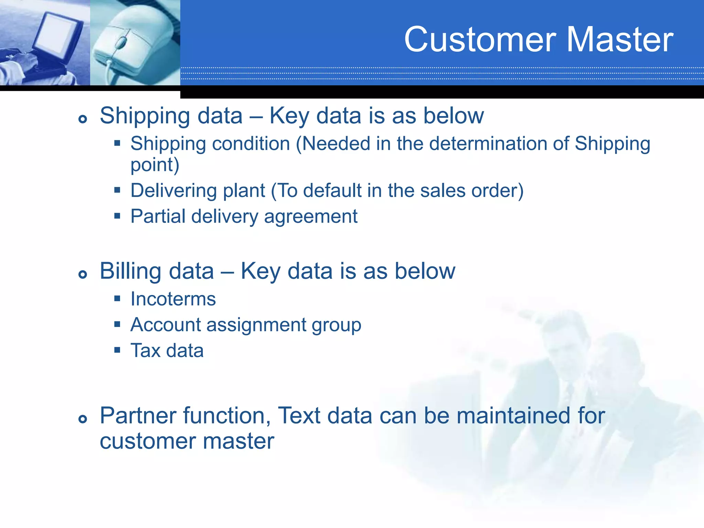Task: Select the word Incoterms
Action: pos(173,299)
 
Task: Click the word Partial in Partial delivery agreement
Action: pos(158,216)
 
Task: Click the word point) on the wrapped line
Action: pos(155,165)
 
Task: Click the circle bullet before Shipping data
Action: pos(82,119)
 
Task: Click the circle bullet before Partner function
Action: pos(82,419)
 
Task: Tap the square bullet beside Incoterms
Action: pos(117,298)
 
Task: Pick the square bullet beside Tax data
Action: pos(117,350)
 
